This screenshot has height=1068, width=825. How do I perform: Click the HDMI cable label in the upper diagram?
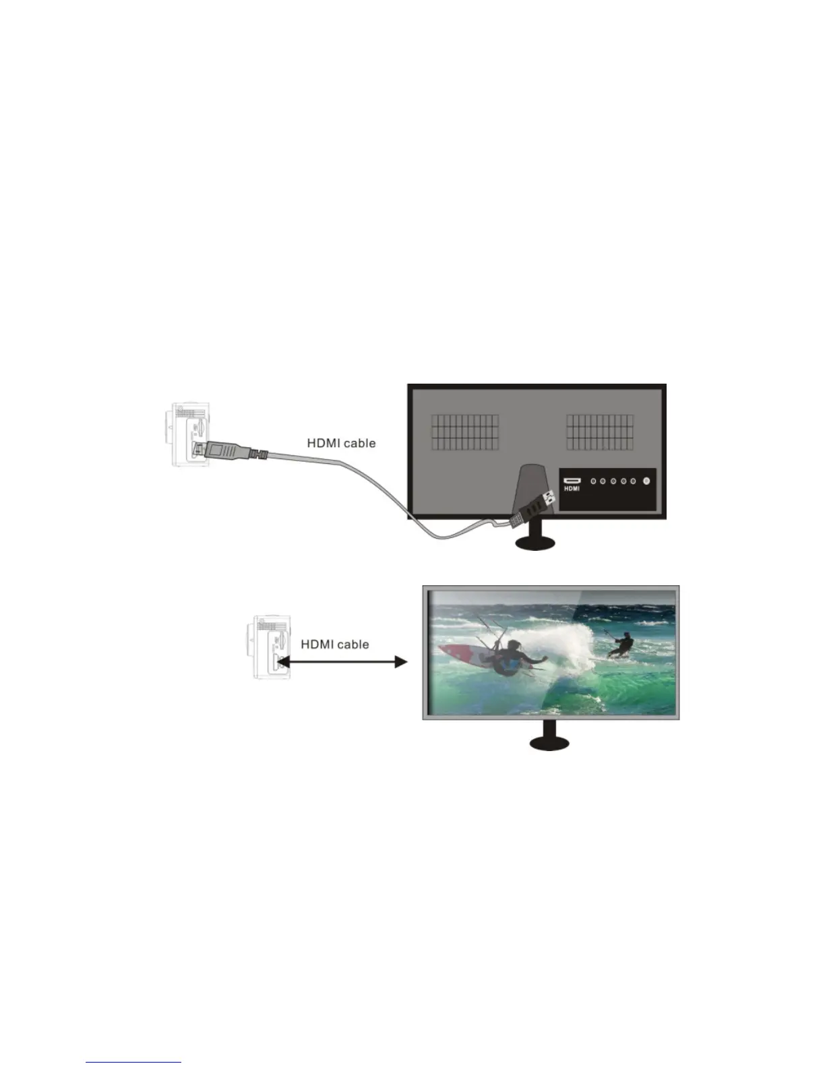(341, 443)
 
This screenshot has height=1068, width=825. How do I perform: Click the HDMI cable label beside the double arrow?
(334, 644)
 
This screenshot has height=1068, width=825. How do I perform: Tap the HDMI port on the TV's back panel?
(572, 480)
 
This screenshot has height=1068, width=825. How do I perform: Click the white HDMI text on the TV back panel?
(572, 489)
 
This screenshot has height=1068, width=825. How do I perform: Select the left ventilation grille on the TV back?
(465, 432)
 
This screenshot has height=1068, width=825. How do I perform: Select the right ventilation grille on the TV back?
(599, 432)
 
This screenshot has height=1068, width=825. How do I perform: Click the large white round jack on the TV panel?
(646, 481)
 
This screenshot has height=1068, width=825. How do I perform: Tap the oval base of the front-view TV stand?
(549, 742)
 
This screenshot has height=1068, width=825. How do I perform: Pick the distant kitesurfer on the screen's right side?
(623, 646)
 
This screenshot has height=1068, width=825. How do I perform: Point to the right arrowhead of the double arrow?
(401, 662)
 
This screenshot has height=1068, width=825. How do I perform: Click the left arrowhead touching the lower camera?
(282, 662)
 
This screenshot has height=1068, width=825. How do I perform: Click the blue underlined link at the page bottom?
(134, 1061)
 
